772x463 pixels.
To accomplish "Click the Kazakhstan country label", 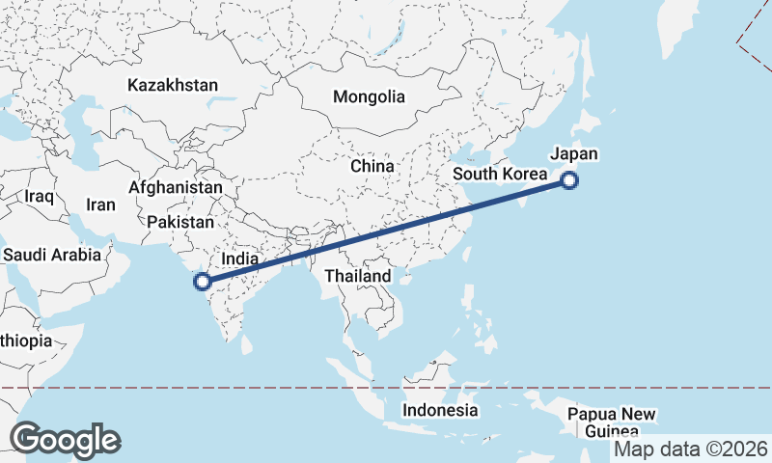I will pos(173,85).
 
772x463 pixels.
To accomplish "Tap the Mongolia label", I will pos(369,96).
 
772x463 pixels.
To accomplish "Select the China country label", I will pos(372,166).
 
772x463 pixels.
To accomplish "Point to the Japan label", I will pos(574,154).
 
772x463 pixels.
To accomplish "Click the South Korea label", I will pos(500,175).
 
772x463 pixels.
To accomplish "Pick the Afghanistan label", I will pos(176,187).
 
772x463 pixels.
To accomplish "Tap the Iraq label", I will pos(39,197).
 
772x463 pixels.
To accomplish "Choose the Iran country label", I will pos(100,204).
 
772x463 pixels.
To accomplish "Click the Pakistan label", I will pos(180,222).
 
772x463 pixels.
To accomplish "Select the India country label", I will pos(240,259).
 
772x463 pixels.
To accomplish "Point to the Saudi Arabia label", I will pos(52,256).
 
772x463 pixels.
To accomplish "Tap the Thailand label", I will pos(358,276).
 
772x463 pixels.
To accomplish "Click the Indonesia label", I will pos(440,410).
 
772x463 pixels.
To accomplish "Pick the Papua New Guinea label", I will pos(612,422).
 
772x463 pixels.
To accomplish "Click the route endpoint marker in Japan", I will pos(570,179).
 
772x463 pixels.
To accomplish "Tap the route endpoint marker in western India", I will pos(203,282).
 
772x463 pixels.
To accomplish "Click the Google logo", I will pos(65,440).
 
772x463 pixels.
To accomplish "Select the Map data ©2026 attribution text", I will pos(691,449).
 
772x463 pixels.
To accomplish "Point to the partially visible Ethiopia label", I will pos(27,340).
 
